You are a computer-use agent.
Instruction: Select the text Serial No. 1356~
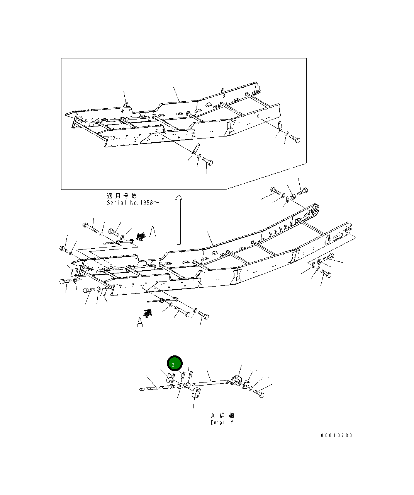tap(132, 203)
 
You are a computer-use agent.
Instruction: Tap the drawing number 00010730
tap(336, 435)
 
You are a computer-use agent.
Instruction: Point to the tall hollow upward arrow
tap(178, 219)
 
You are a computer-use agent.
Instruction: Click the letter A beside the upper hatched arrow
tap(153, 232)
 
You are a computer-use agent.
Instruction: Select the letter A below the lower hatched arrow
tap(140, 322)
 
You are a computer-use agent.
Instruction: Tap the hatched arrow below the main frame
tap(148, 312)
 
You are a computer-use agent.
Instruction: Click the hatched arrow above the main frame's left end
tap(141, 236)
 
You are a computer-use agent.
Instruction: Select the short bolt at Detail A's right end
tap(259, 394)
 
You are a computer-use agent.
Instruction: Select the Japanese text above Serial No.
tap(121, 196)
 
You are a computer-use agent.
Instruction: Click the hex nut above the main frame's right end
tap(293, 196)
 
